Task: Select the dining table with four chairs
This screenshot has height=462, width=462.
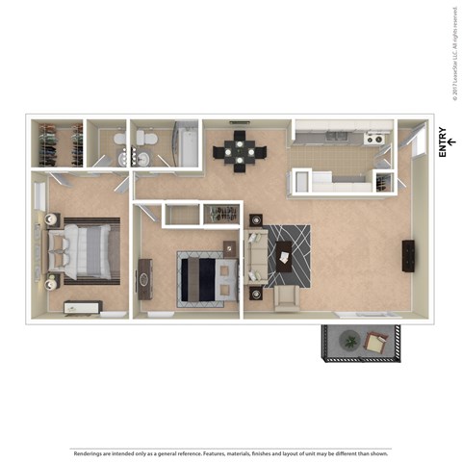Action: pyautogui.click(x=242, y=150)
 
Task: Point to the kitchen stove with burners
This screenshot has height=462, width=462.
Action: pyautogui.click(x=375, y=139)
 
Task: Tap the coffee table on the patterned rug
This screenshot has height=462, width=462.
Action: pyautogui.click(x=283, y=255)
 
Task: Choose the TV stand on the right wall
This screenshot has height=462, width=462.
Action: pyautogui.click(x=408, y=255)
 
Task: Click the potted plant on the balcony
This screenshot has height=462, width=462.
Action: pyautogui.click(x=348, y=341)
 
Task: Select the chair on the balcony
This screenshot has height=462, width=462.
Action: pyautogui.click(x=377, y=341)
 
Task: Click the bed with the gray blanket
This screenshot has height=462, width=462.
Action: pyautogui.click(x=85, y=248)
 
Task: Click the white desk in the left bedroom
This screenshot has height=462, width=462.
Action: pyautogui.click(x=82, y=307)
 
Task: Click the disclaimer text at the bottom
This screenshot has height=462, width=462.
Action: pyautogui.click(x=230, y=452)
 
